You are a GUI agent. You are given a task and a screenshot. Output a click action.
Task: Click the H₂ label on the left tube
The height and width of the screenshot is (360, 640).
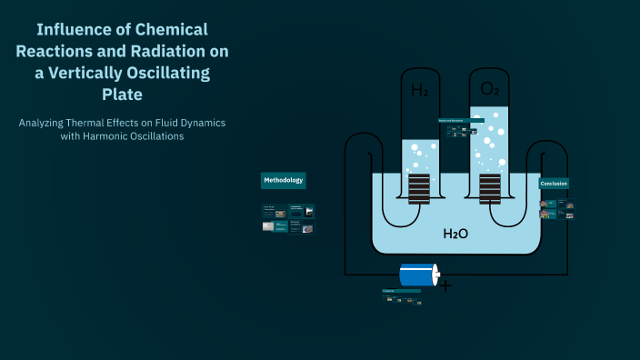pos(419,90)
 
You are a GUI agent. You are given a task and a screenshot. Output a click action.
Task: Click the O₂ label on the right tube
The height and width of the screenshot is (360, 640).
pos(488,89)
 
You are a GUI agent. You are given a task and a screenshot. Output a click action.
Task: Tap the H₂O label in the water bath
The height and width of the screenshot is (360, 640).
pos(455,234)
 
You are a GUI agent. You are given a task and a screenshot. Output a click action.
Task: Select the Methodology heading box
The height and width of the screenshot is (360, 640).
pos(284,181)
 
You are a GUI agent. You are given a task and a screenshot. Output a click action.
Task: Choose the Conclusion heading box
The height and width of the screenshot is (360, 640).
pos(554,184)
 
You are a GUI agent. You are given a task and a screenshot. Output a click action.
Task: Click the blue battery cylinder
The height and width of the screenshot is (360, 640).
pos(415,275)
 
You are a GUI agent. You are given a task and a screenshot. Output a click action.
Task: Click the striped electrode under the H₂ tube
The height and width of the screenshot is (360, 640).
pos(419,189)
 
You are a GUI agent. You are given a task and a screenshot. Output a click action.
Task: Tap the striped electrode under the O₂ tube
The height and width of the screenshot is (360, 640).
pos(489,189)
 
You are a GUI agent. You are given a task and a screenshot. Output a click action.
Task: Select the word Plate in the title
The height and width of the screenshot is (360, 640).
pos(122,94)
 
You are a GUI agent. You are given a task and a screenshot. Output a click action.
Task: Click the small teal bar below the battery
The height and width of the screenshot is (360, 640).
pos(401,291)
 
